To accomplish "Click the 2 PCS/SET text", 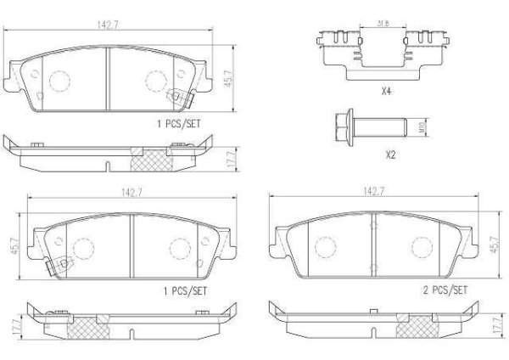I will [445, 290].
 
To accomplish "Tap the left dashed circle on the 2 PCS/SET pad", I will [324, 246].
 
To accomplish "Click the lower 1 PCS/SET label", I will [184, 290].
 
